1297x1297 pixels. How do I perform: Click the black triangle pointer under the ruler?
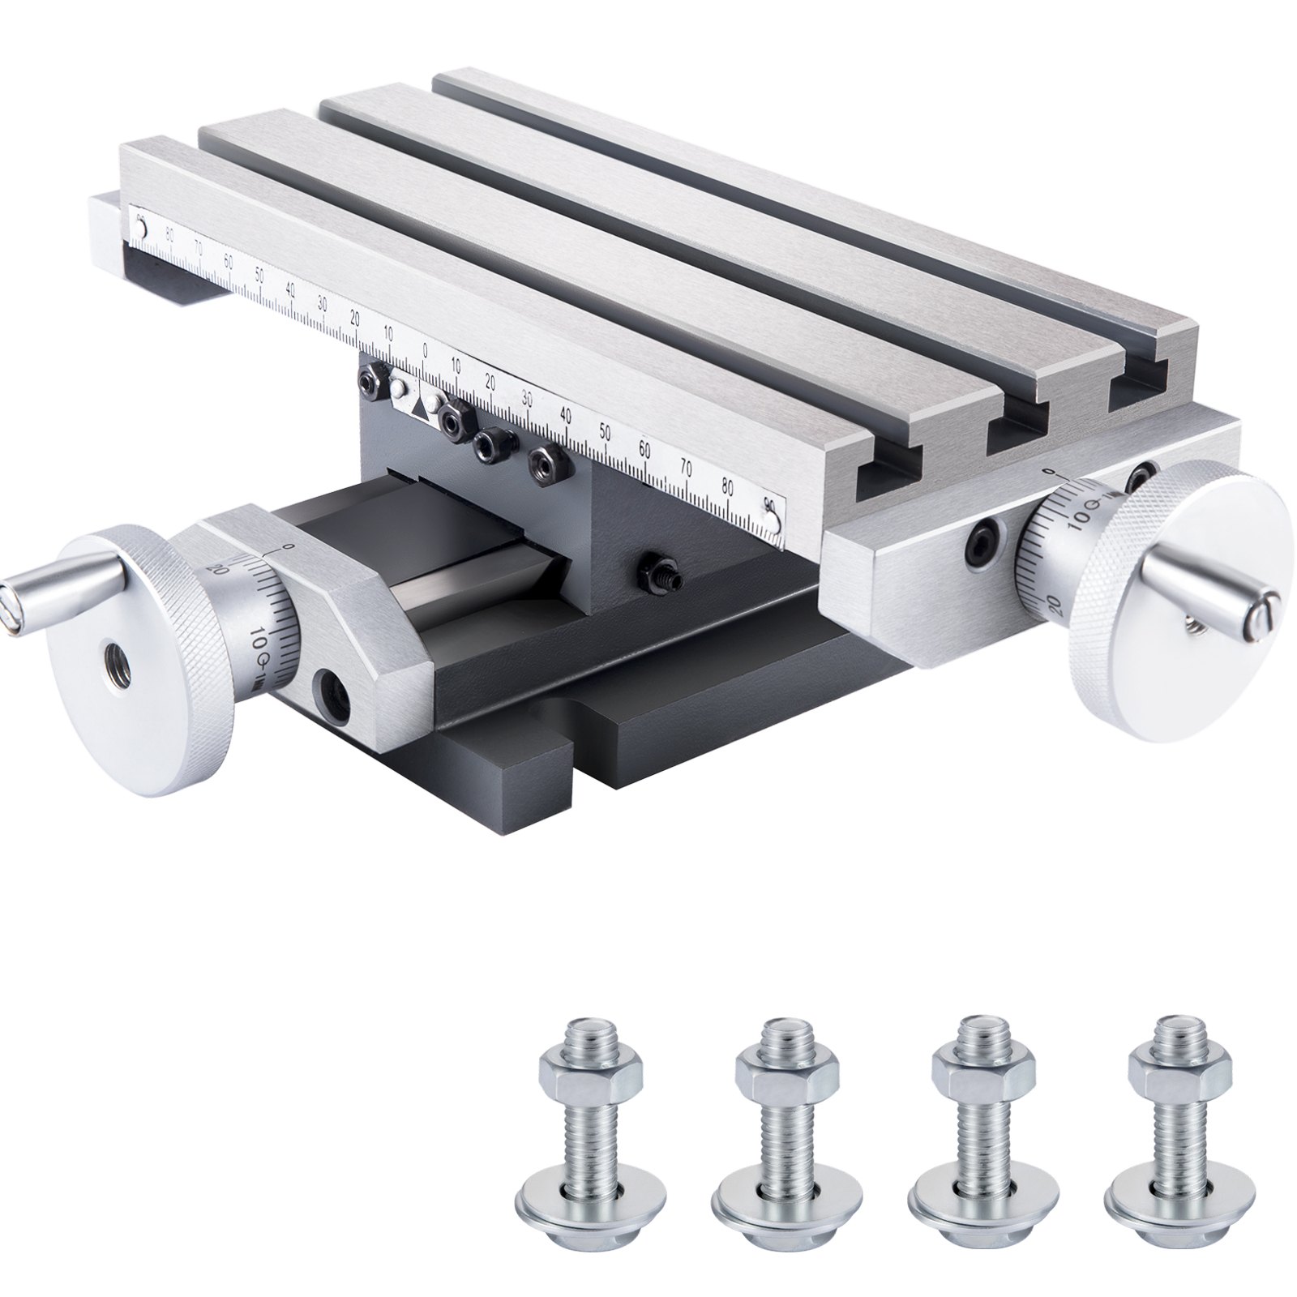click(419, 408)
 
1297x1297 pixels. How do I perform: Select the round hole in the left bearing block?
click(333, 695)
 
